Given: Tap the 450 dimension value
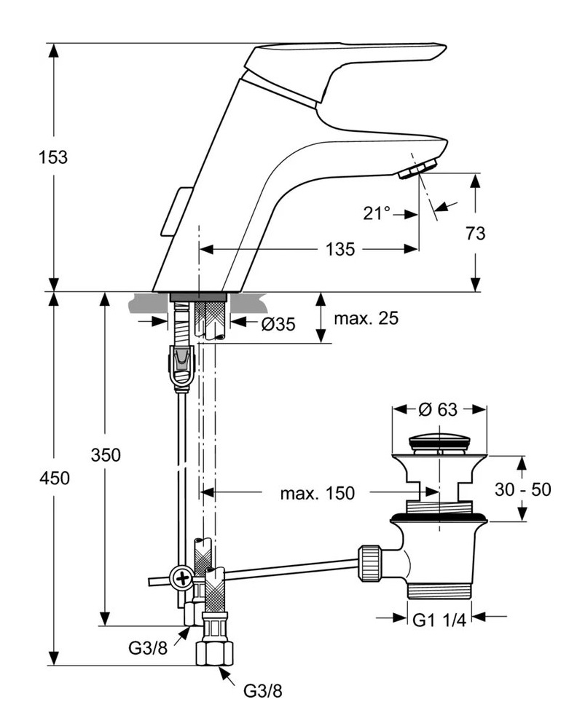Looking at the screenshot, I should (52, 478).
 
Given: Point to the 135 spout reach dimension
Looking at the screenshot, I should (340, 249).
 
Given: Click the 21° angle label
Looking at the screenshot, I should (377, 213).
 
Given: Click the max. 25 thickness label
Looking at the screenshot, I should (366, 319).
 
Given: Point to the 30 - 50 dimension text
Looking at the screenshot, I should (522, 489).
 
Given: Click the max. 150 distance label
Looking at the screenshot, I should (317, 494).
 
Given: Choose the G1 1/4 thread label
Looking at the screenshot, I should (439, 620).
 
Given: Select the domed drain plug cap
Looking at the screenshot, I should (439, 441).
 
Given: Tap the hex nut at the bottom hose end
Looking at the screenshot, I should (215, 650).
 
